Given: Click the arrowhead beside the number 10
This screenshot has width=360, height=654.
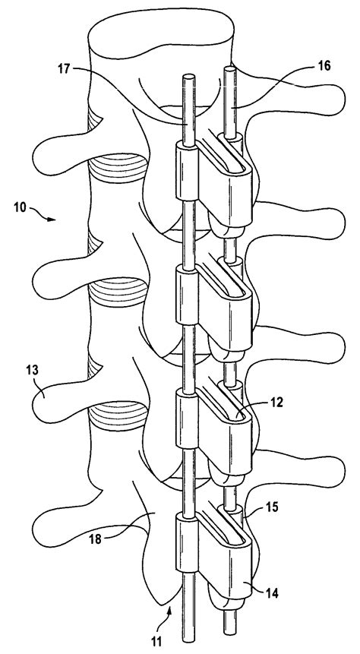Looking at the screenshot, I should (54, 220).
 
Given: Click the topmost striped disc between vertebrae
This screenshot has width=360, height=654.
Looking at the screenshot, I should (113, 166).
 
